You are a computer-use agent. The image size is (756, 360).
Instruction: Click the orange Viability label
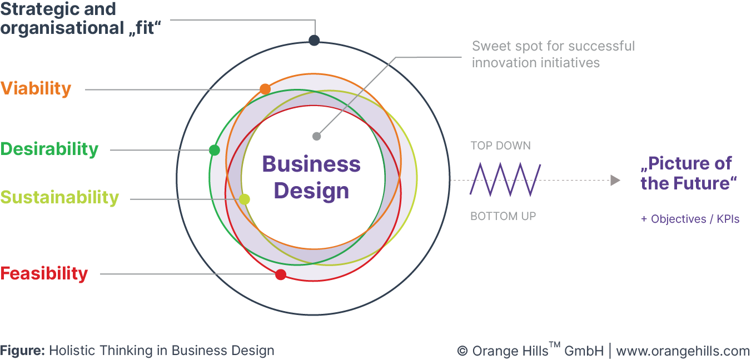36,89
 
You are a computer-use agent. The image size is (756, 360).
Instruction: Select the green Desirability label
49,149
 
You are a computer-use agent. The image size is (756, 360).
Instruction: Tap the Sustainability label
59,198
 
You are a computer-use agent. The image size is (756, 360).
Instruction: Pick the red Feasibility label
44,274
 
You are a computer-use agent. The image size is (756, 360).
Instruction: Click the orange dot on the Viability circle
265,89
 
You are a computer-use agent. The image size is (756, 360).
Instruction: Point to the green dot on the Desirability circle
215,150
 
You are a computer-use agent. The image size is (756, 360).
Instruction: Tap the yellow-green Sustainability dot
244,199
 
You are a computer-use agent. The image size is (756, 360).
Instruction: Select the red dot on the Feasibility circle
281,274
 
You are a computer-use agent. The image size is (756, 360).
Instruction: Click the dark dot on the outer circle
314,40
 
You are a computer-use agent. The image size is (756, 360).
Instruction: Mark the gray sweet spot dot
316,136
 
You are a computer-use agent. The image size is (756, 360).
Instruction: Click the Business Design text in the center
311,177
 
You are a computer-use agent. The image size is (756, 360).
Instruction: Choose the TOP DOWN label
500,146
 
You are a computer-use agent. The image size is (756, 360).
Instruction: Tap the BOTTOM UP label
503,216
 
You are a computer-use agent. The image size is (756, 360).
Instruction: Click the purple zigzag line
505,179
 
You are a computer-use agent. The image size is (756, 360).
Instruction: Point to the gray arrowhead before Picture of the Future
615,180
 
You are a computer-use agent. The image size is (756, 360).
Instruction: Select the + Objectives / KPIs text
690,219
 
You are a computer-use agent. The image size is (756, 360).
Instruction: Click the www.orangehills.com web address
683,351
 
